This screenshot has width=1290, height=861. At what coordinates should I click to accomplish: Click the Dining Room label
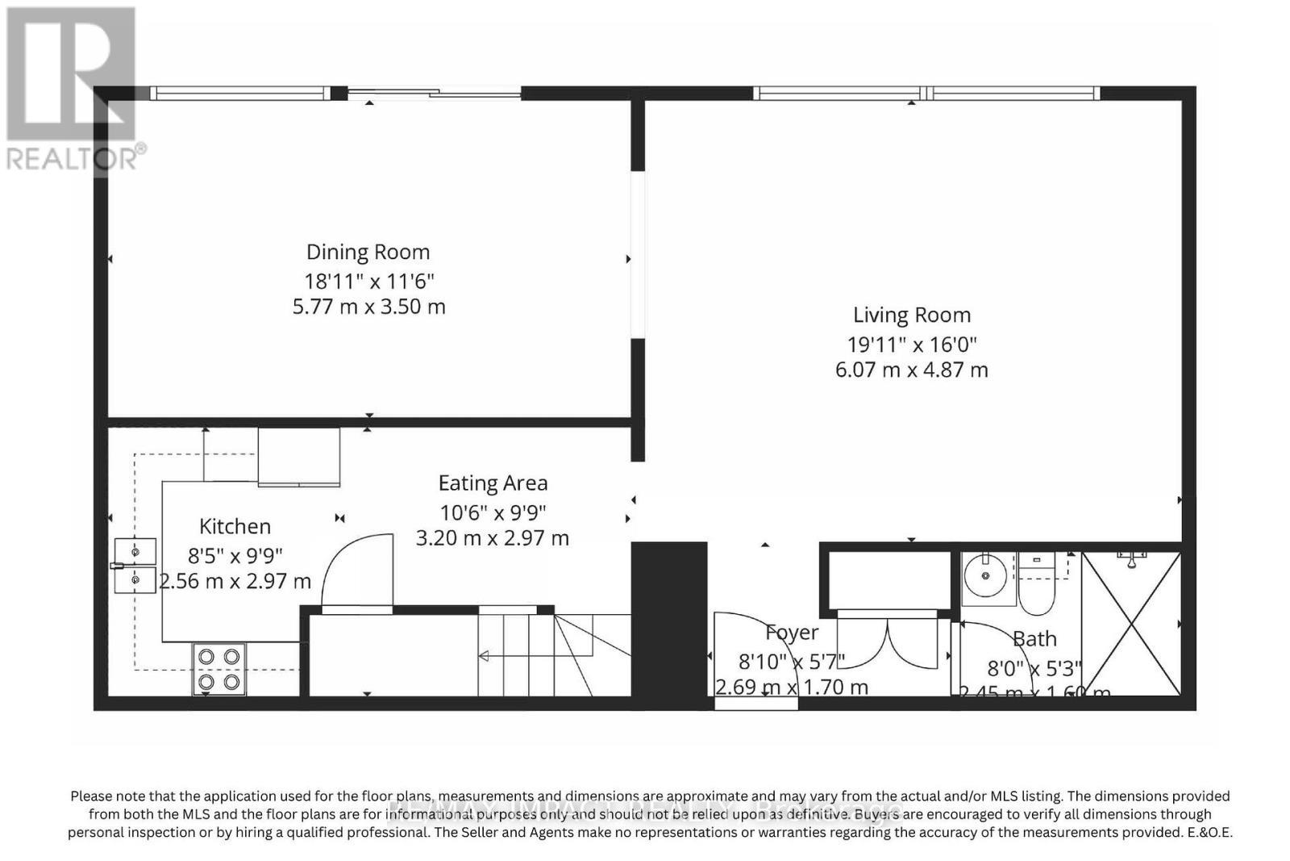(x=368, y=252)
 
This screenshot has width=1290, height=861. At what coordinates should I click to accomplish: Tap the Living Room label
(x=912, y=315)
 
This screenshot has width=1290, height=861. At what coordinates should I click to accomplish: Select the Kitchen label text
(x=235, y=526)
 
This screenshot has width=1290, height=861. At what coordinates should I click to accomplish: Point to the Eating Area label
(x=493, y=483)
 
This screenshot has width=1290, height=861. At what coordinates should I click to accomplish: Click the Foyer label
(x=792, y=633)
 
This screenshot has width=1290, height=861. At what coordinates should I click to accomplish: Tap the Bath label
(x=1034, y=638)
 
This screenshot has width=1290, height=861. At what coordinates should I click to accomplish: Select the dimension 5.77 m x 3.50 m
(x=368, y=307)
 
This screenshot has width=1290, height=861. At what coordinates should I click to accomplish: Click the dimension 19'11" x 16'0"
(x=912, y=345)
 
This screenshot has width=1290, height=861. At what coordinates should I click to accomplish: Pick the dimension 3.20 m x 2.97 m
(x=493, y=537)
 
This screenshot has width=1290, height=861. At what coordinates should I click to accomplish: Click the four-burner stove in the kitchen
(x=218, y=669)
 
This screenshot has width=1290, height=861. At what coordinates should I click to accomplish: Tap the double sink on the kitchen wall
(x=134, y=566)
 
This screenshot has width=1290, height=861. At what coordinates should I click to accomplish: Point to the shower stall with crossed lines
(x=1131, y=623)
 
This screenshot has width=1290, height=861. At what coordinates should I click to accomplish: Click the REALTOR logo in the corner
(x=73, y=89)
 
